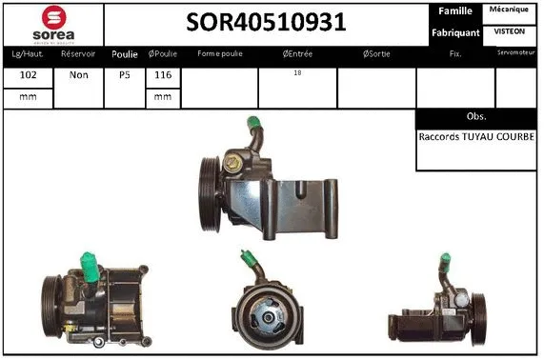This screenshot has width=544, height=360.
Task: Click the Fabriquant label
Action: click(454, 32)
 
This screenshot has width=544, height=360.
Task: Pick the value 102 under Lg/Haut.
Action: click(28, 73)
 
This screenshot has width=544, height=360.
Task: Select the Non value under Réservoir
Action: click(78, 73)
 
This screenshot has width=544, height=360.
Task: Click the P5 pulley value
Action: click(125, 73)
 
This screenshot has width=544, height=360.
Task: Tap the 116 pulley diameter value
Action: click(162, 73)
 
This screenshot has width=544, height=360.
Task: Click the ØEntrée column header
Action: click(297, 53)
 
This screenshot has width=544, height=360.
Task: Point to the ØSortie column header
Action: click(377, 53)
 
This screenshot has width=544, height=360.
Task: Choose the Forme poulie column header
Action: click(219, 53)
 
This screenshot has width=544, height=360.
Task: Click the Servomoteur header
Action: click(516, 52)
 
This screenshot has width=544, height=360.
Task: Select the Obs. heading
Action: click(476, 116)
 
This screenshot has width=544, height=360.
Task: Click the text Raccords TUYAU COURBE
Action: click(476, 136)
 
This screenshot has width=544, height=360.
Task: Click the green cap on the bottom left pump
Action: click(89, 264)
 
